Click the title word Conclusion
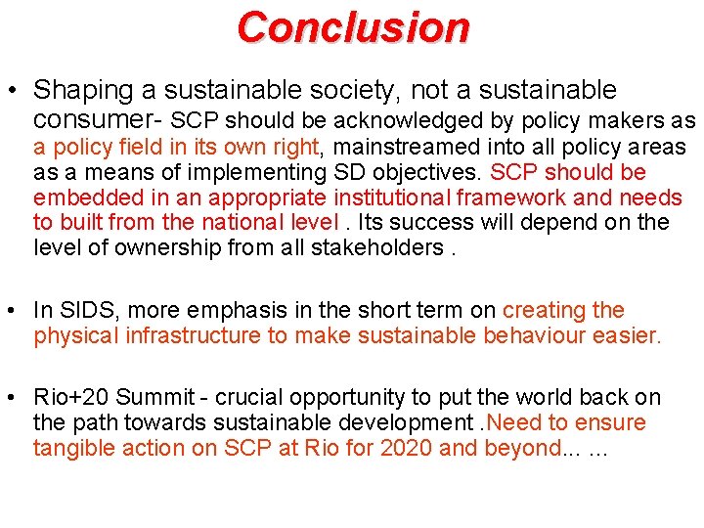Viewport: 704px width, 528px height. (353, 26)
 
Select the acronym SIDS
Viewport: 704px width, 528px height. (82, 311)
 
